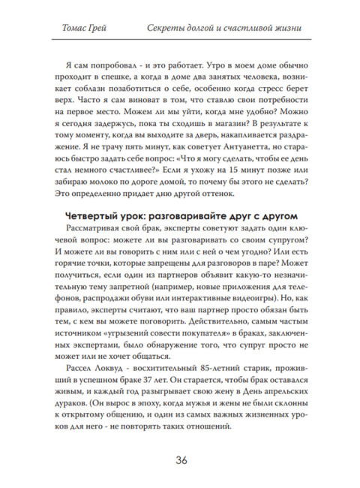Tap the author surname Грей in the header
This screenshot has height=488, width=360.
click(100, 29)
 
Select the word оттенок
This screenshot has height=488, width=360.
click(235, 191)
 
